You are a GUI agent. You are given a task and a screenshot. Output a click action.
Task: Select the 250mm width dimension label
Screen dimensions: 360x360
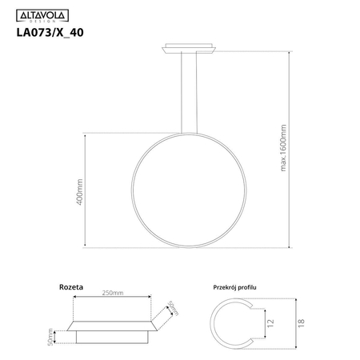pyautogui.click(x=112, y=294)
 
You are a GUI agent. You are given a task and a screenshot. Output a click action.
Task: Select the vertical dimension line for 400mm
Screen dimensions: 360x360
pyautogui.click(x=87, y=191)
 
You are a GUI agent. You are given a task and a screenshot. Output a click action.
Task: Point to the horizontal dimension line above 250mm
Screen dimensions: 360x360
pyautogui.click(x=112, y=298)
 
